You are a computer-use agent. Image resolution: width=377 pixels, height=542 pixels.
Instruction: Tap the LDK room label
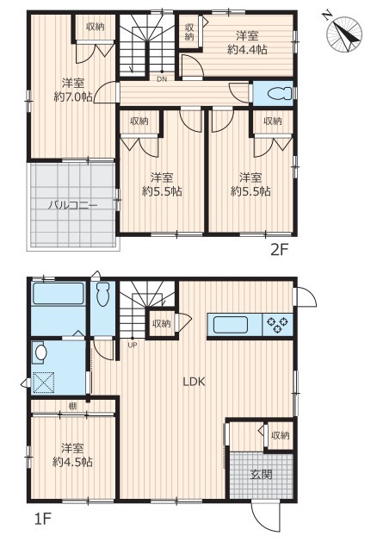click(194, 382)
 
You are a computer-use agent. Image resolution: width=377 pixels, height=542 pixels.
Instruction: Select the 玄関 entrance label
click(262, 475)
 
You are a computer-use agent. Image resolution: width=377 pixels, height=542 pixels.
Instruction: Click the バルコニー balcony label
click(72, 205)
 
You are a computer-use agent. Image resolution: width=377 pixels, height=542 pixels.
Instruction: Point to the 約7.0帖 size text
click(73, 97)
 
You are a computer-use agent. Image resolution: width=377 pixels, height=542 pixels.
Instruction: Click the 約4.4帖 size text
click(247, 49)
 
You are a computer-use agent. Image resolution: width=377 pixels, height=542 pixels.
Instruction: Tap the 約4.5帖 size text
click(72, 462)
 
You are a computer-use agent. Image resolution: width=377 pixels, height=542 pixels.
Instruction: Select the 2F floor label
click(279, 250)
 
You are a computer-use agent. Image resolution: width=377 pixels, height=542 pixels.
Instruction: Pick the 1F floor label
click(42, 519)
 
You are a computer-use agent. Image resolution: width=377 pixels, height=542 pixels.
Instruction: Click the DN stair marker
click(162, 79)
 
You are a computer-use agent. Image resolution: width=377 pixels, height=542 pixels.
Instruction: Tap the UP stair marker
click(133, 345)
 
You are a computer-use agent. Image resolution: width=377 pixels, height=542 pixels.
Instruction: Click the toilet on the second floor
click(279, 93)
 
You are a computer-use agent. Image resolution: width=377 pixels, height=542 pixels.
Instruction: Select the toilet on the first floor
click(102, 295)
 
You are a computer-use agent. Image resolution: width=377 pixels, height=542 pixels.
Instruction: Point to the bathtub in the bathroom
click(59, 294)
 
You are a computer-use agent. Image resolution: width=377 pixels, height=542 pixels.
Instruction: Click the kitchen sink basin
click(231, 325)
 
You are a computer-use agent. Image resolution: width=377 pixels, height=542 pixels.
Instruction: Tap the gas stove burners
click(277, 325)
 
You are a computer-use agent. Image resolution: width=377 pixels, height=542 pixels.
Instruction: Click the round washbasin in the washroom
click(41, 352)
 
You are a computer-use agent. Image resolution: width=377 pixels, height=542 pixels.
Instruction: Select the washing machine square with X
click(43, 383)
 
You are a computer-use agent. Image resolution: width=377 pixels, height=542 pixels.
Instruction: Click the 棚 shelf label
click(72, 406)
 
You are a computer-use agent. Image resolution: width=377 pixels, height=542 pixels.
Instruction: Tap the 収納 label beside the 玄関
click(280, 435)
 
